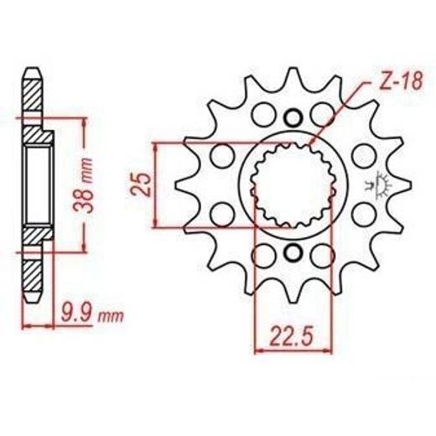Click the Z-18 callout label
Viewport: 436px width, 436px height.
tap(401, 81)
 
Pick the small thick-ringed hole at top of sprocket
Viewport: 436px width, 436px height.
tap(293, 117)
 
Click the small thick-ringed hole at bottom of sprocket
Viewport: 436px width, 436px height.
tap(293, 252)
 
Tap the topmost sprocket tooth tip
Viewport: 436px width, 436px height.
tap(293, 68)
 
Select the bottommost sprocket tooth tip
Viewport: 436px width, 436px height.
tap(293, 303)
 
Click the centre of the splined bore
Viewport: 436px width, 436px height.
tap(293, 184)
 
